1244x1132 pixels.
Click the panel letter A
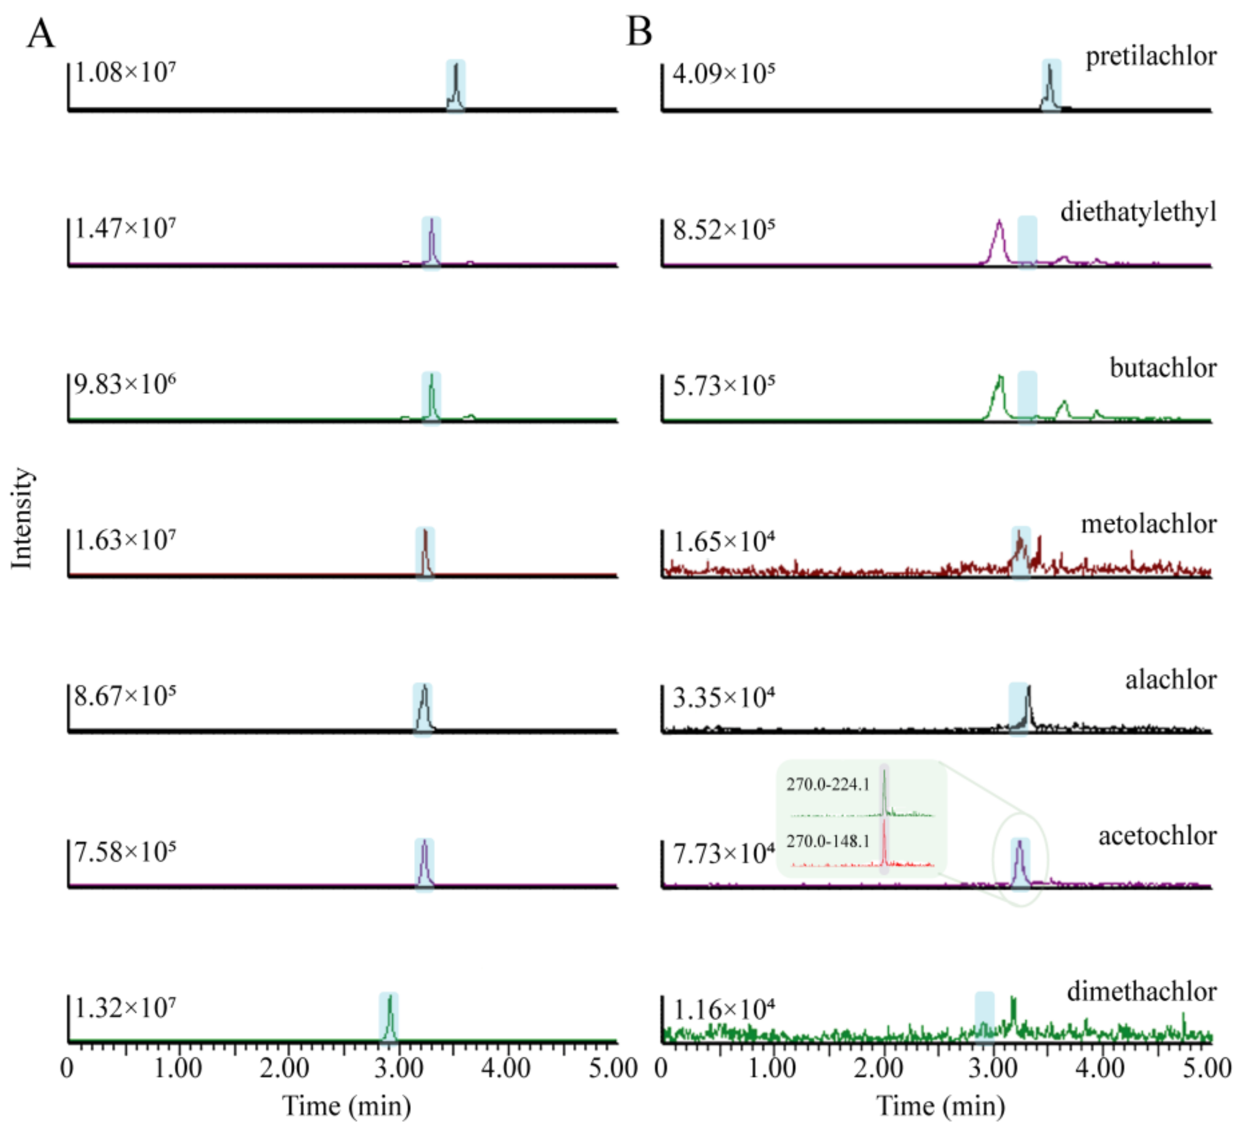pos(41,33)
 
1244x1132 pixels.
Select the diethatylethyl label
pos(1138,213)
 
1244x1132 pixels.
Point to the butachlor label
pos(1162,369)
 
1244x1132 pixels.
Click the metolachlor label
pos(1148,525)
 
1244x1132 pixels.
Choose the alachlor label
pos(1170,680)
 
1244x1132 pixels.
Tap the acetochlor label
pos(1157,837)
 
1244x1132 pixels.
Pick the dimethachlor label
pos(1142,992)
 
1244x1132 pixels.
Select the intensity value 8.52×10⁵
pos(723,230)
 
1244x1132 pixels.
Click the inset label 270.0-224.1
pos(827,784)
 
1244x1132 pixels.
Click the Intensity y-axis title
pos(22,518)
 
